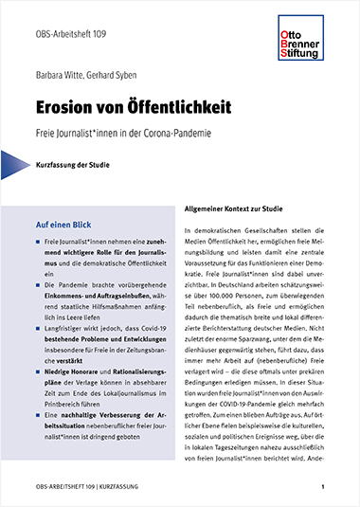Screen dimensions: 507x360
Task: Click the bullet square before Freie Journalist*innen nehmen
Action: point(38,245)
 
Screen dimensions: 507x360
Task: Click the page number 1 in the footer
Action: point(323,486)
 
